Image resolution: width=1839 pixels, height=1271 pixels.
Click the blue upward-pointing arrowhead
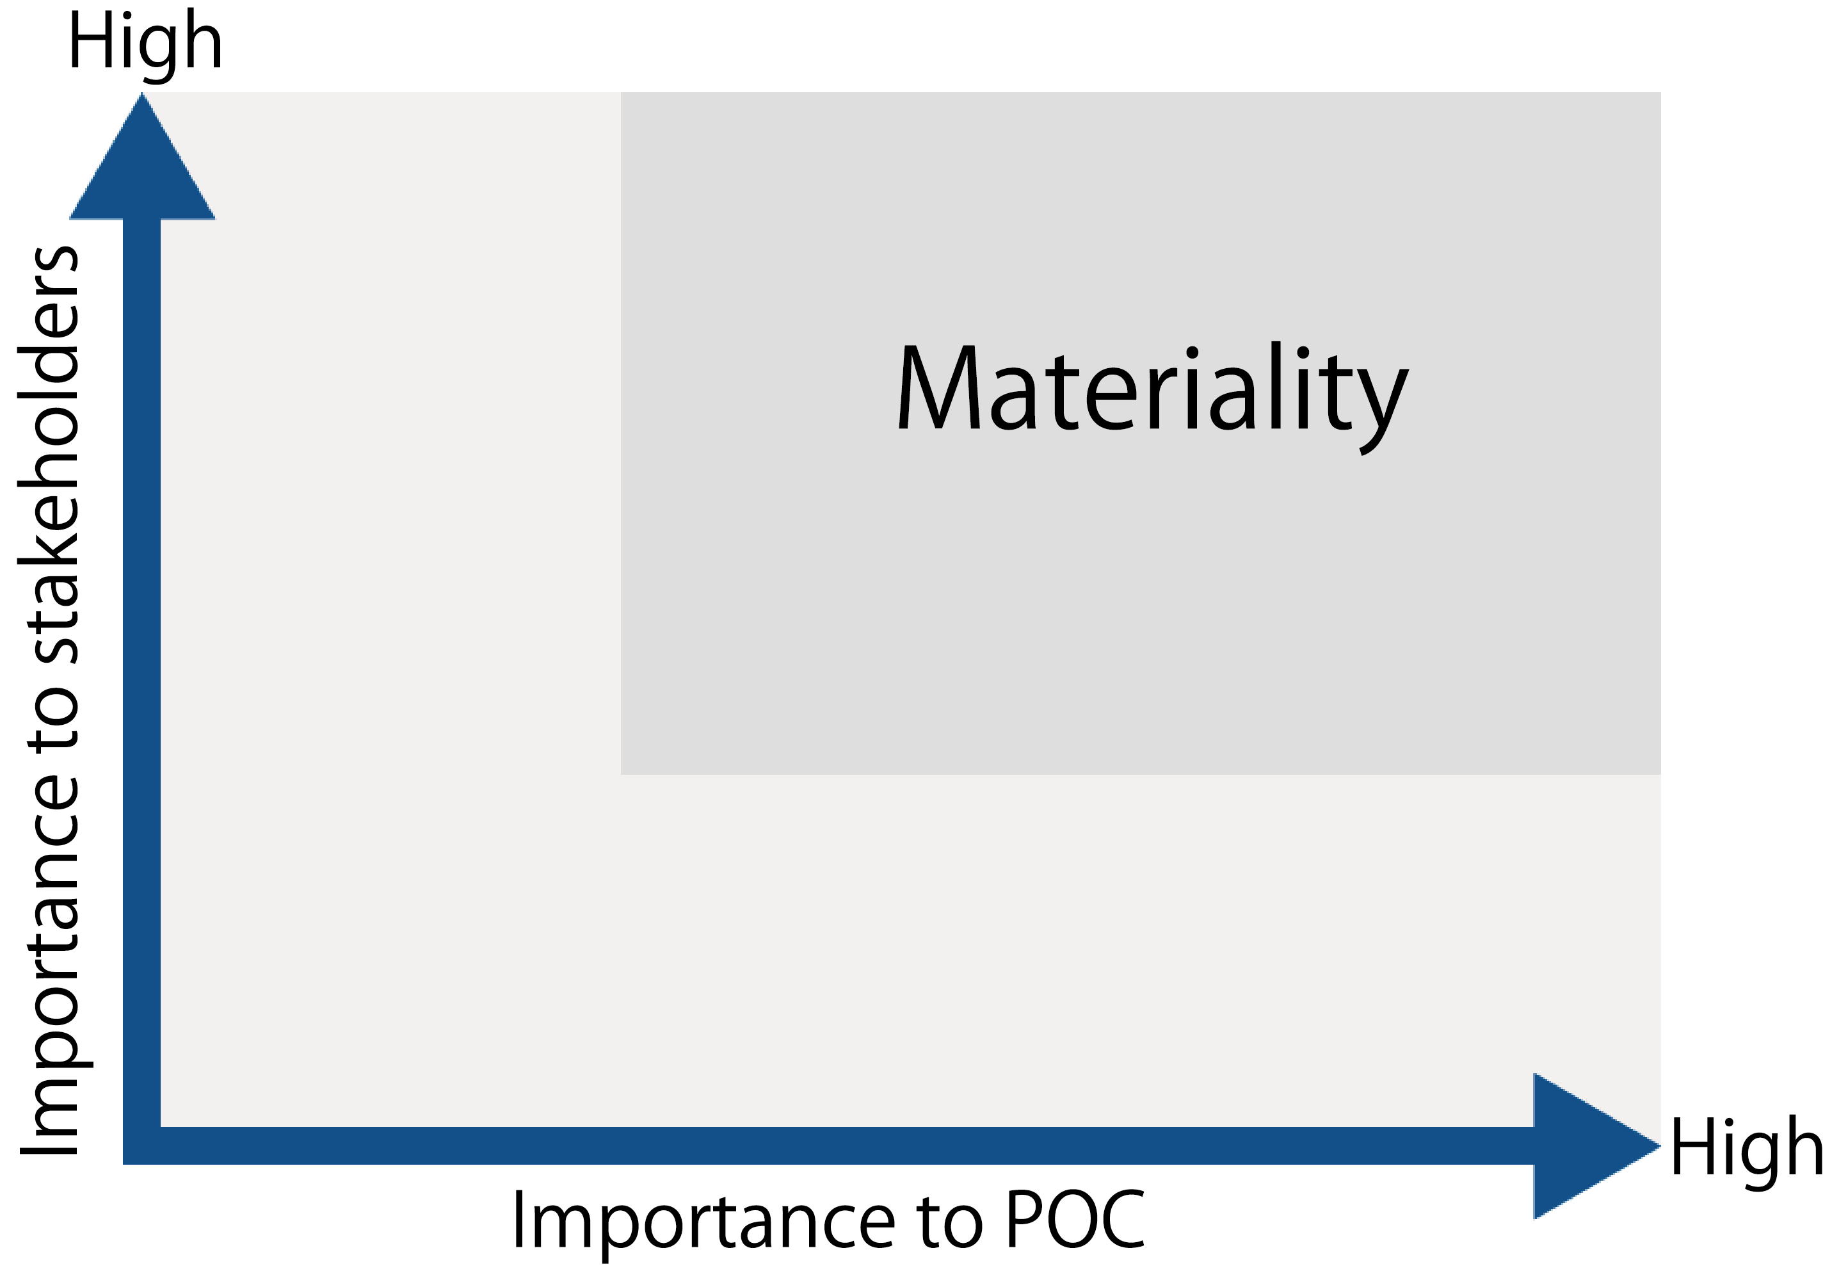click(141, 156)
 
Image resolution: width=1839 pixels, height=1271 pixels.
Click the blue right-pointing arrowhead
click(1596, 1146)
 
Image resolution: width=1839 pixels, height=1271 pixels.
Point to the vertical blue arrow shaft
click(141, 673)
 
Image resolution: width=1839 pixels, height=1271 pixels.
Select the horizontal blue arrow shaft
click(828, 1146)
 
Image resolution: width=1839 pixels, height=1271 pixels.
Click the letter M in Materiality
click(940, 387)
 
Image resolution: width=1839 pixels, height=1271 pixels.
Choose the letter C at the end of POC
click(1123, 1218)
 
